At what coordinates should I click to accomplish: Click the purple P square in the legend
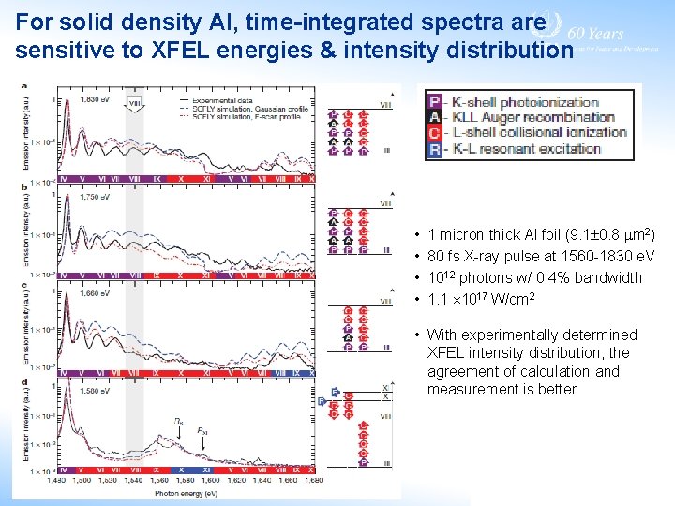click(x=434, y=102)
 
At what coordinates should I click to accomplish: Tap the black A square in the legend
click(x=434, y=117)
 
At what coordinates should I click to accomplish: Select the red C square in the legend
click(x=434, y=132)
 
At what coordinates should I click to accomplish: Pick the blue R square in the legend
click(x=434, y=148)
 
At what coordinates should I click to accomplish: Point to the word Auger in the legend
click(x=512, y=117)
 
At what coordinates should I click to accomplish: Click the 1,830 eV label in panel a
click(x=93, y=98)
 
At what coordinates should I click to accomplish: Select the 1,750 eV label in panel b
click(x=93, y=198)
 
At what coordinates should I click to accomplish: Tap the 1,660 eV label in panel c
click(x=93, y=292)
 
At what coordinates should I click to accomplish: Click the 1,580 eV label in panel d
click(x=93, y=390)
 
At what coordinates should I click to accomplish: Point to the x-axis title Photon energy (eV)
click(x=187, y=491)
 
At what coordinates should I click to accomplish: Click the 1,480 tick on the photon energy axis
click(x=57, y=480)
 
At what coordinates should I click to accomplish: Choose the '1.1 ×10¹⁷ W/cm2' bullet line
click(x=480, y=299)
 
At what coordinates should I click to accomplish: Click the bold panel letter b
click(x=24, y=187)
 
